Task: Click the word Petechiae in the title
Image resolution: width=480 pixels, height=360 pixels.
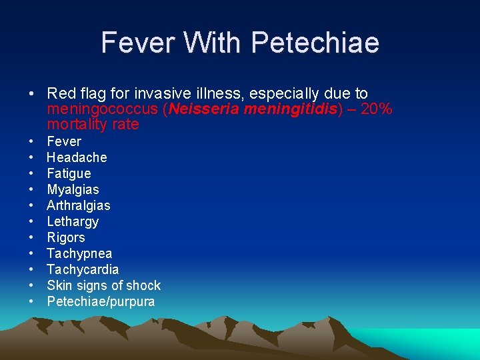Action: (x=316, y=43)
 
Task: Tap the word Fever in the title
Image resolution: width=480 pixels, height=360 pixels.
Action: (x=137, y=43)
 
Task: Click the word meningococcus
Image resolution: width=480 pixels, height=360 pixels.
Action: (x=99, y=109)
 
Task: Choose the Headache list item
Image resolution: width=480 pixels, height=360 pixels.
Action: (x=77, y=157)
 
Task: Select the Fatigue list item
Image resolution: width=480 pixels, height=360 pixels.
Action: (x=69, y=173)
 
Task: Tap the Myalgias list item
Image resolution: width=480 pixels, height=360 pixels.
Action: (x=73, y=189)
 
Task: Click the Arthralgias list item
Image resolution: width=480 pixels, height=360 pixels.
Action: (x=79, y=205)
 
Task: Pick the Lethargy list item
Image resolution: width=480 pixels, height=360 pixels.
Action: (x=73, y=221)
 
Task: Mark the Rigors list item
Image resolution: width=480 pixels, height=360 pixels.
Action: (x=66, y=237)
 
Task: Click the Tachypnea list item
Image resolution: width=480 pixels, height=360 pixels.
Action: (x=79, y=253)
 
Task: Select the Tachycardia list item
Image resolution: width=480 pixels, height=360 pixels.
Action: (x=83, y=269)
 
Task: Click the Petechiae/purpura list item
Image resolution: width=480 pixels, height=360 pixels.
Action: (x=101, y=301)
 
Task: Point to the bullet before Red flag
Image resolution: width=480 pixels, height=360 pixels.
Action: (x=31, y=94)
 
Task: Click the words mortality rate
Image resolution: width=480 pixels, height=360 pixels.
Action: (x=93, y=124)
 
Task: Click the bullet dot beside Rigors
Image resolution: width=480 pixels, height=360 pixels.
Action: (x=31, y=238)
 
